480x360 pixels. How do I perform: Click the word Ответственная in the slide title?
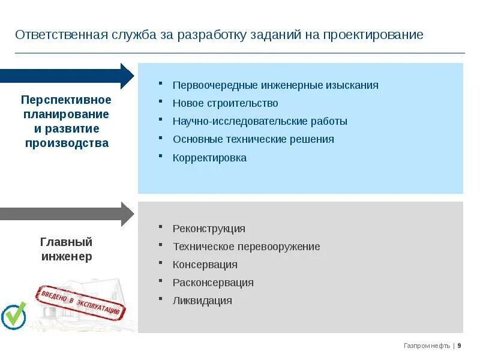tap(61, 35)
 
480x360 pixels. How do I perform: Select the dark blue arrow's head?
tap(127, 76)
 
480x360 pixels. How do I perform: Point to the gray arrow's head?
tap(127, 214)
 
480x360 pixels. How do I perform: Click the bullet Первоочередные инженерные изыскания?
tap(275, 85)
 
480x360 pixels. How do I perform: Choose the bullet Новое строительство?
tap(225, 103)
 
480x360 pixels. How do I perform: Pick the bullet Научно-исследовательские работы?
tap(260, 121)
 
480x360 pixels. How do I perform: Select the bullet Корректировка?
tap(209, 158)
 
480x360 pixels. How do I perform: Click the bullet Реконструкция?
tap(209, 229)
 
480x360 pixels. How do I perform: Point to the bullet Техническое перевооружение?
tap(246, 247)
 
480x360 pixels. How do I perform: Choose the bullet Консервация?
tap(205, 265)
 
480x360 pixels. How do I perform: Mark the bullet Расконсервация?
tap(213, 283)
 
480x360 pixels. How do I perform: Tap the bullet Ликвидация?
tap(202, 301)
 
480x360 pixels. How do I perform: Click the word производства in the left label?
tap(67, 143)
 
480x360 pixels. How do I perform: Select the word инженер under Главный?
tap(67, 257)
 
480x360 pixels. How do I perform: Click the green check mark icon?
tap(14, 315)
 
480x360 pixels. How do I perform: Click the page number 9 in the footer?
tap(460, 346)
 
